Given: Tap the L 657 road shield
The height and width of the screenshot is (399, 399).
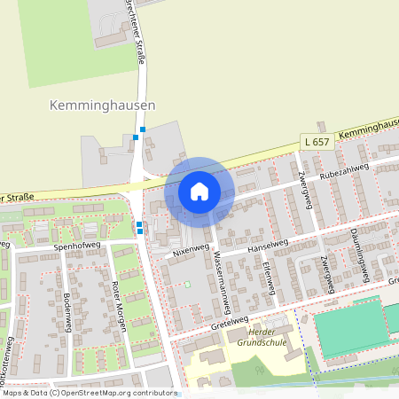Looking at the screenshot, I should (x=315, y=142).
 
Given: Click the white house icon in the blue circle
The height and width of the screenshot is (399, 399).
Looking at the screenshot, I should (x=199, y=192).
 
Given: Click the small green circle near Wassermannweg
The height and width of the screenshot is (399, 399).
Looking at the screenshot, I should (x=187, y=285).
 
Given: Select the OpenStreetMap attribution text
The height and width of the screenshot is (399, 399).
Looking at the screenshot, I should (x=89, y=392).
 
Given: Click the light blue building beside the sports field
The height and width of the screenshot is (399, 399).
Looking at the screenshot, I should (x=391, y=317).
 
